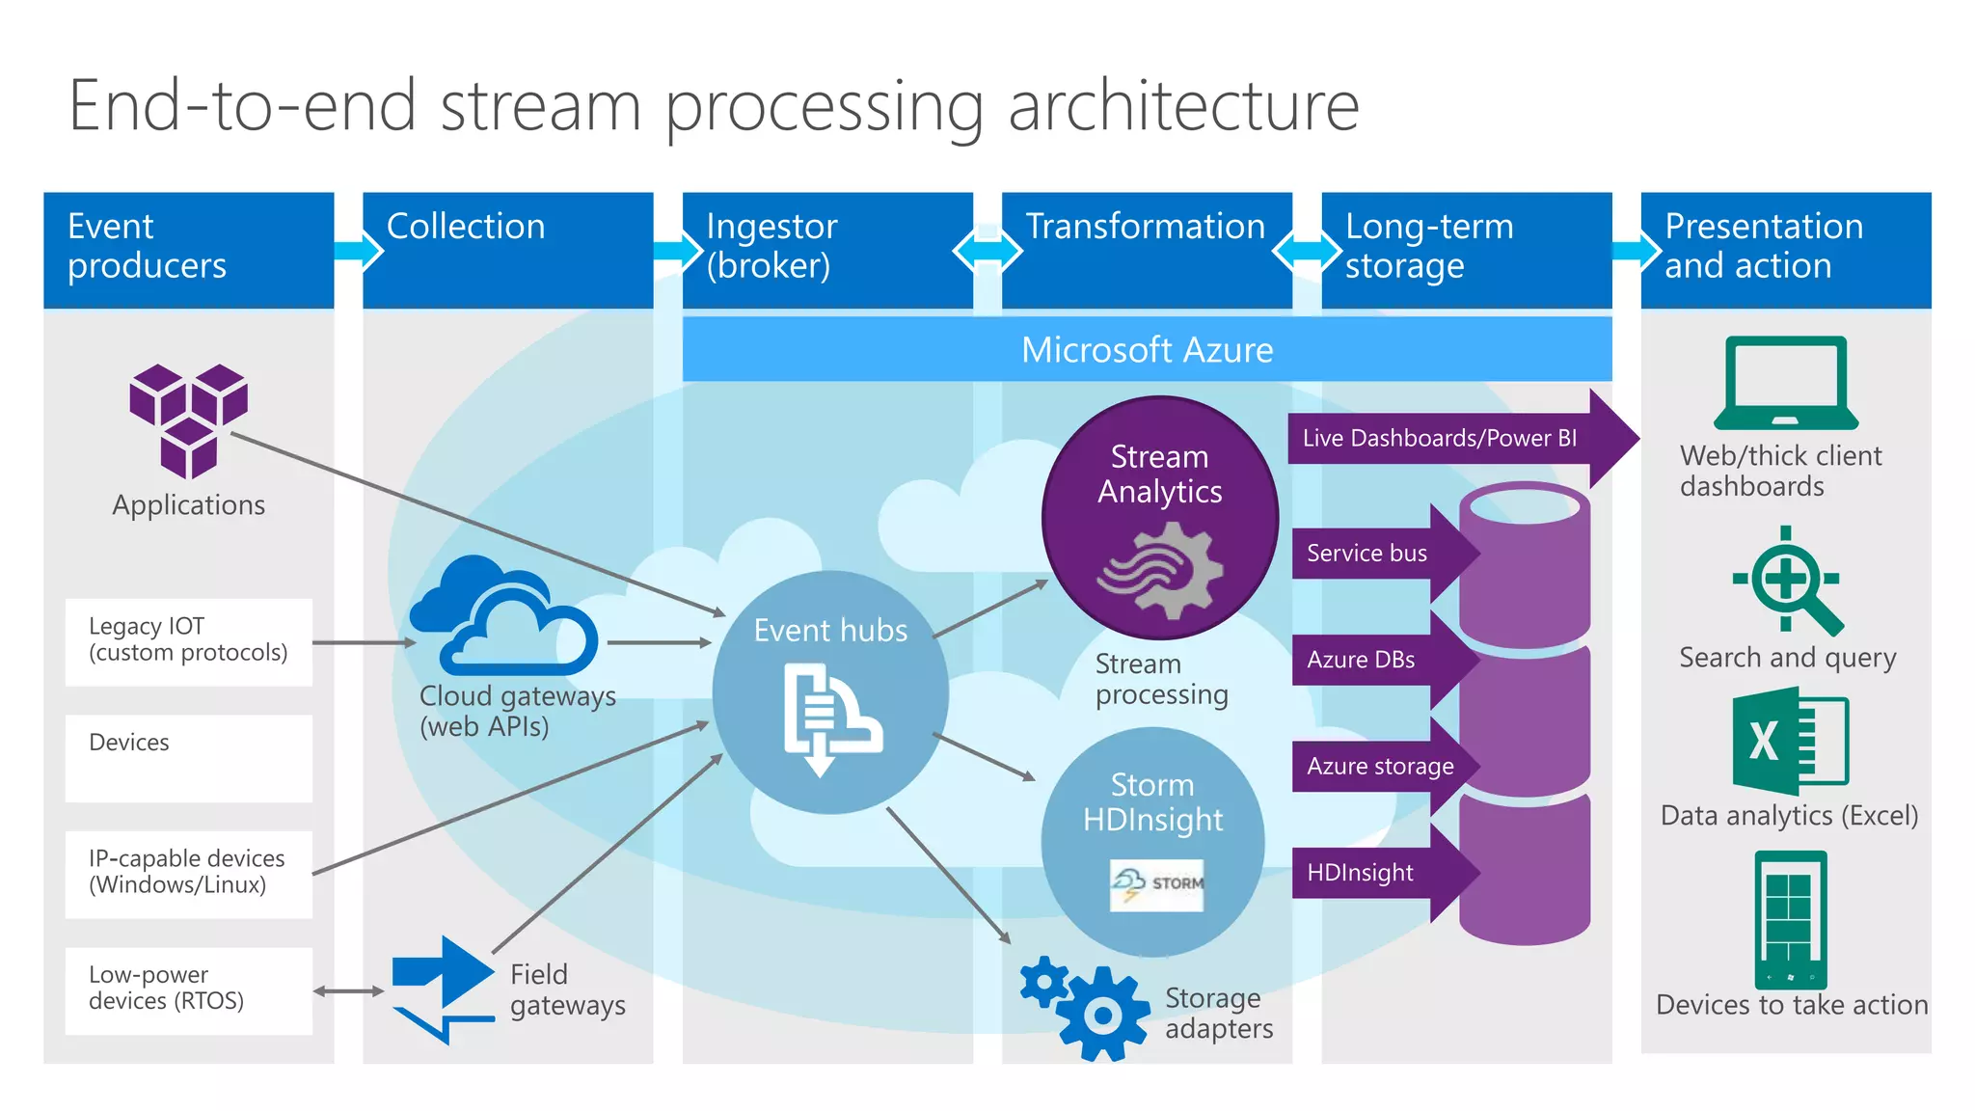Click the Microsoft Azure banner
(x=1147, y=349)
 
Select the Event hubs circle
(x=830, y=692)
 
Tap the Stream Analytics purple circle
(x=1160, y=518)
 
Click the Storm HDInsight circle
(x=1153, y=841)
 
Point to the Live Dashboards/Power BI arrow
(x=1447, y=438)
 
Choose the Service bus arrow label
(x=1366, y=554)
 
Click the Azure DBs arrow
(x=1369, y=660)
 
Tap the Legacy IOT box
(x=189, y=641)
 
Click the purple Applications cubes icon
(x=189, y=420)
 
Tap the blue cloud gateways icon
(x=504, y=617)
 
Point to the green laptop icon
(x=1786, y=383)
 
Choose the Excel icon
(x=1790, y=741)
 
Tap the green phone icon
(x=1791, y=919)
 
